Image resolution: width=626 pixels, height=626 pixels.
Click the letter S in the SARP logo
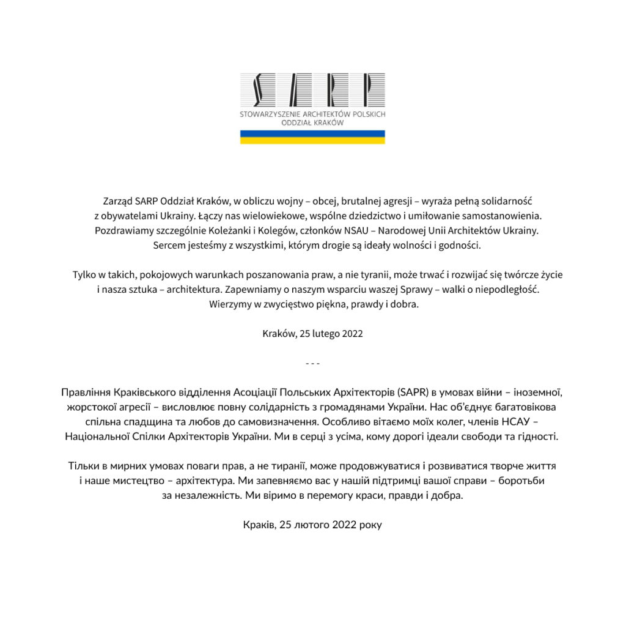pyautogui.click(x=259, y=90)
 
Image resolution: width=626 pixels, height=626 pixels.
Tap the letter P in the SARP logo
pyautogui.click(x=366, y=90)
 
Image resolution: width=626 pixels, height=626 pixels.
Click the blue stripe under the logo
pyautogui.click(x=312, y=133)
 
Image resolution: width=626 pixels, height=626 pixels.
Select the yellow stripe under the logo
pyautogui.click(x=312, y=141)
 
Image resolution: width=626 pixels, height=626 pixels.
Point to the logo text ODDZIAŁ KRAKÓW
pyautogui.click(x=312, y=122)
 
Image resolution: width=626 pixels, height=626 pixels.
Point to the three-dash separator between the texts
pyautogui.click(x=312, y=363)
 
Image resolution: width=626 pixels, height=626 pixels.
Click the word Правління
pyautogui.click(x=85, y=392)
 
